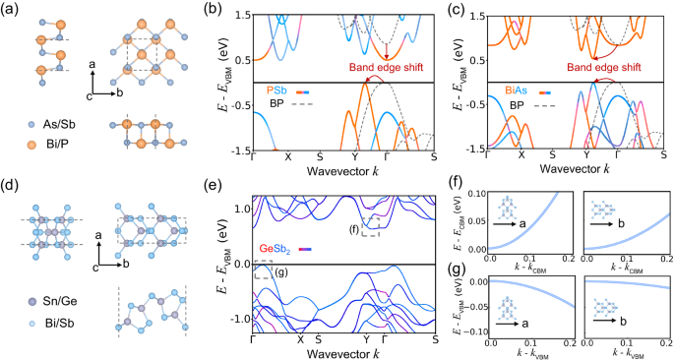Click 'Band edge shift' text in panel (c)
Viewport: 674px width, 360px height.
click(615, 67)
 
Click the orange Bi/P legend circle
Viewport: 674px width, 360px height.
click(33, 145)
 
